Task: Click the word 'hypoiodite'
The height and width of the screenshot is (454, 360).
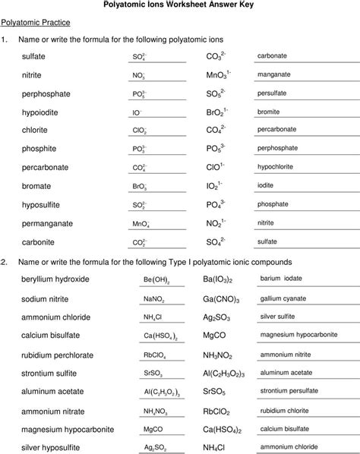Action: coord(39,112)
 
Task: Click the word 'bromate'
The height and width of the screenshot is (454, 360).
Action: coord(36,186)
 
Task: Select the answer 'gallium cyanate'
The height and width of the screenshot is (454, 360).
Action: coord(284,298)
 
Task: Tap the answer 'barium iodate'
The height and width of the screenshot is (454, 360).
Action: coord(281,279)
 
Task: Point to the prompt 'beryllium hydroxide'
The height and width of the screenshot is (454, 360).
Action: coord(56,279)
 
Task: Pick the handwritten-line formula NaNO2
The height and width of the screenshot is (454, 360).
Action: coord(154,299)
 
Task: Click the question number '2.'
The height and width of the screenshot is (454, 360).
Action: coord(5,261)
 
